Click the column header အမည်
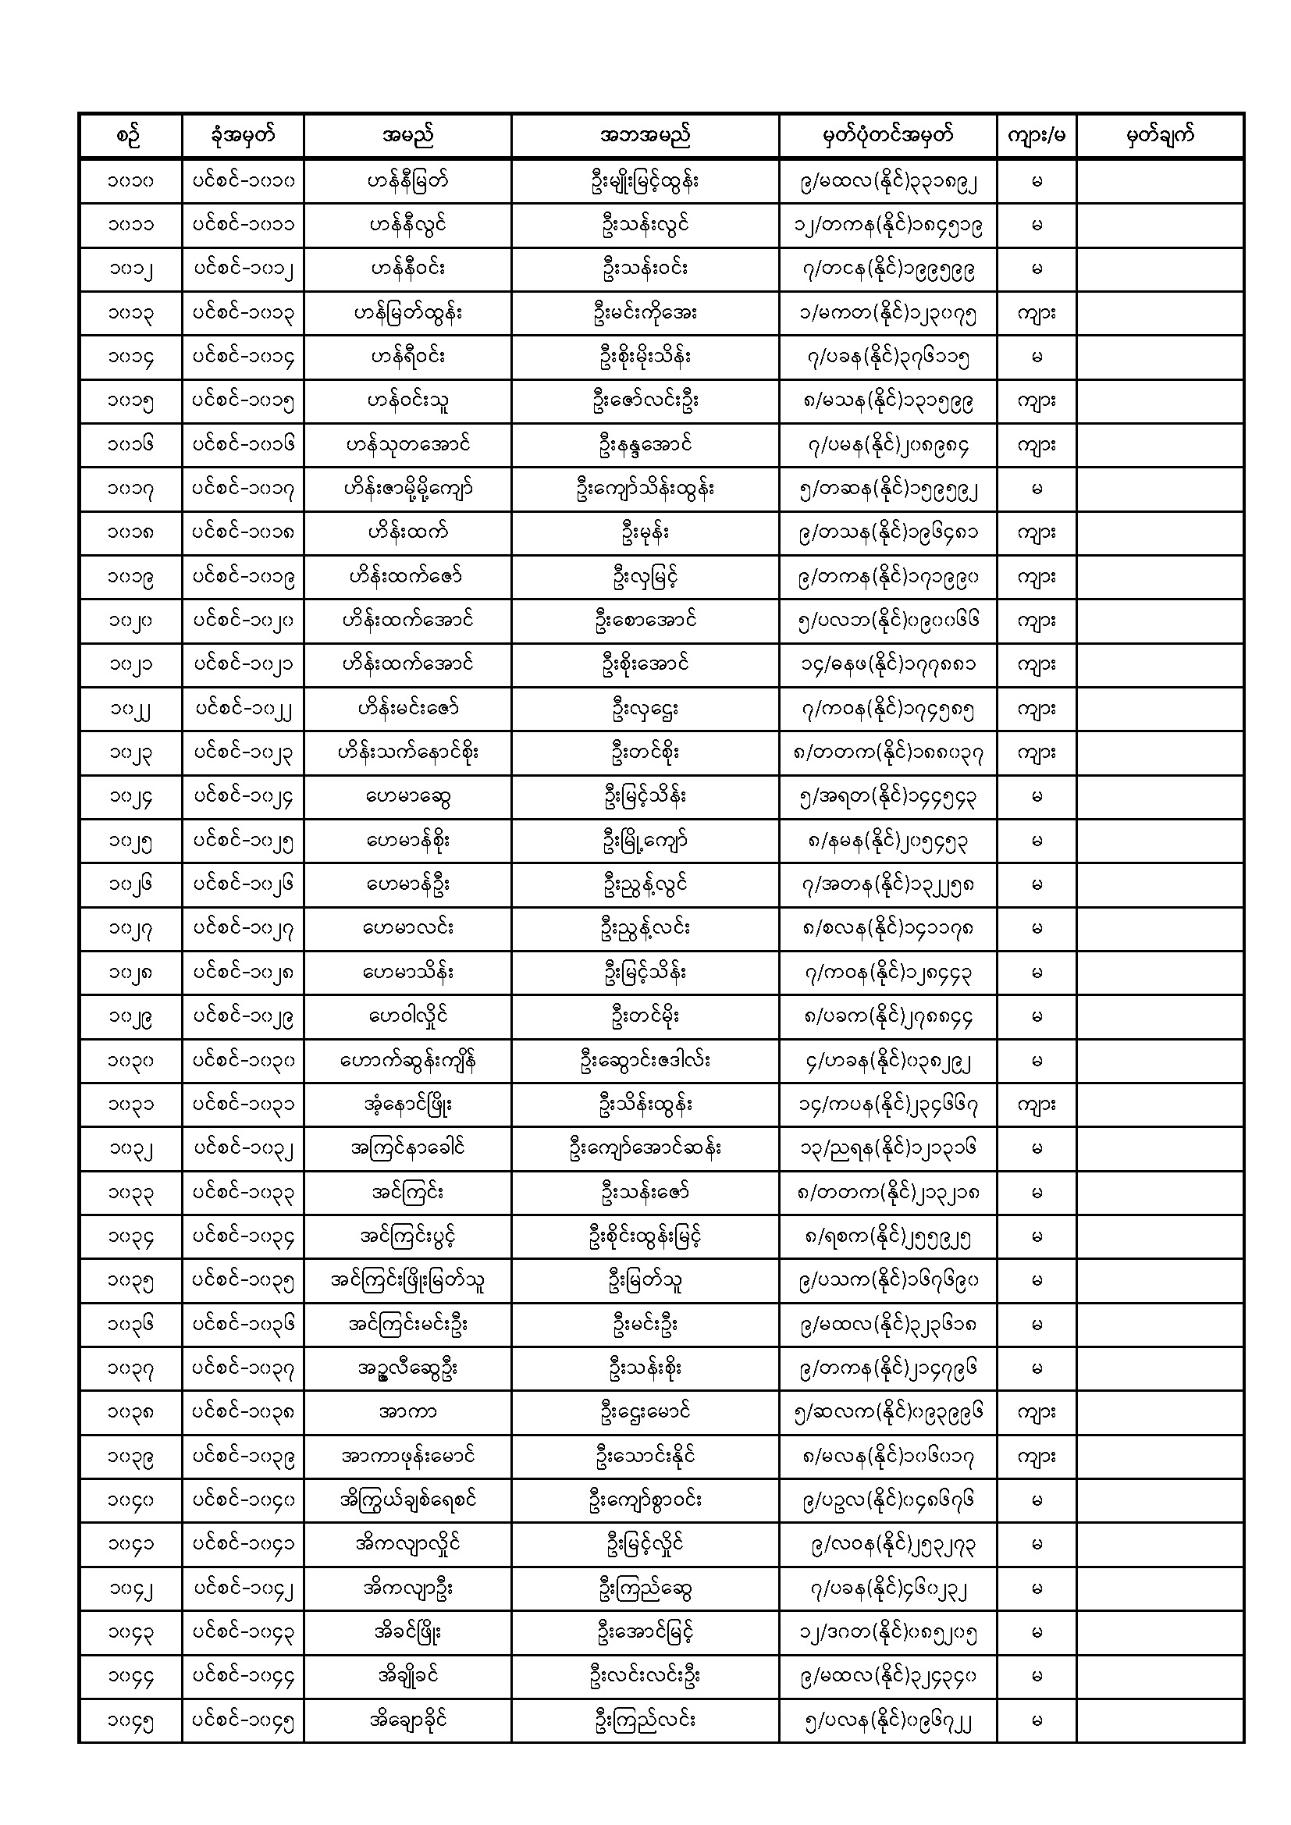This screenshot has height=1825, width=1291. click(407, 136)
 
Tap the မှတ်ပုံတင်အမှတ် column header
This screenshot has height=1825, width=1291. click(887, 136)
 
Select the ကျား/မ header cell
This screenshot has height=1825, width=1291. click(1036, 136)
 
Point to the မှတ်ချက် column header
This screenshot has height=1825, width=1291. click(1160, 136)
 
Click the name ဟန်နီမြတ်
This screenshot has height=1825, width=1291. click(407, 181)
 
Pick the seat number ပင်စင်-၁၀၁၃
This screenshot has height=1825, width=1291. click(243, 313)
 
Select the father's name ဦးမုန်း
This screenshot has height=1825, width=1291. click(645, 532)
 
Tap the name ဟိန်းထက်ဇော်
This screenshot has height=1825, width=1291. click(407, 577)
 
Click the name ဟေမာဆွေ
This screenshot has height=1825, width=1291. click(407, 796)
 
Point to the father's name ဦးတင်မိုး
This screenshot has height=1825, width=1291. click(645, 1016)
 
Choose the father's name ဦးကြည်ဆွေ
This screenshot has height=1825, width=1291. click(645, 1588)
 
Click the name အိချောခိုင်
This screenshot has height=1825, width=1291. click(407, 1720)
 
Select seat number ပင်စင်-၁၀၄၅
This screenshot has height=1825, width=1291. click(243, 1720)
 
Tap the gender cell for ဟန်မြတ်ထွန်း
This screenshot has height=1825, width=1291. click(1036, 313)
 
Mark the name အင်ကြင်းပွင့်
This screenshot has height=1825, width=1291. click(407, 1236)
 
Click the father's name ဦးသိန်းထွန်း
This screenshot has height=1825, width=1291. click(645, 1104)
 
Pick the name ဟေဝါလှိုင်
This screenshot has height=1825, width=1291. click(407, 1016)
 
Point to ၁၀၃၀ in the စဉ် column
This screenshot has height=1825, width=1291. click(130, 1060)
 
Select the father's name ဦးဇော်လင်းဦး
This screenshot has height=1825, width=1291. click(645, 401)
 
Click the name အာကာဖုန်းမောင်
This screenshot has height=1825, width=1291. click(407, 1457)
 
